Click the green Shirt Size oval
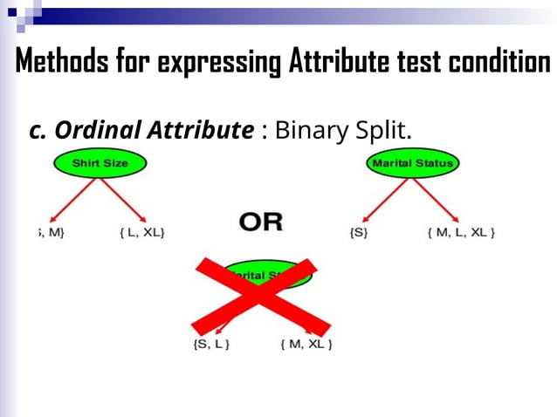tap(100, 163)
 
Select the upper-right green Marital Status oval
tap(413, 163)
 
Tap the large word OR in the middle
tap(261, 222)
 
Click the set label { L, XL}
tap(141, 232)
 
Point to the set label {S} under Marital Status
tap(358, 232)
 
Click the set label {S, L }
tap(210, 344)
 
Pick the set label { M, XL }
tap(306, 344)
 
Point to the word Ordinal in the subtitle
tap(94, 130)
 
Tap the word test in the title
tap(417, 62)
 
